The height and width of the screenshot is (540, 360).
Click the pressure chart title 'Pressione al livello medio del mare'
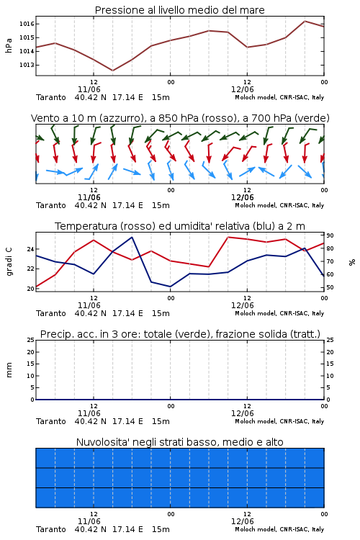click(x=179, y=10)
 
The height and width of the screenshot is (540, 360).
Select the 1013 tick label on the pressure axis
click(x=27, y=65)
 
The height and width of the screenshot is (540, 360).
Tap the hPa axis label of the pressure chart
click(x=9, y=45)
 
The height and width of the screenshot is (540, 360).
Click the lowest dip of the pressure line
click(x=112, y=71)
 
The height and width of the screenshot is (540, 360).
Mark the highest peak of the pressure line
click(x=305, y=21)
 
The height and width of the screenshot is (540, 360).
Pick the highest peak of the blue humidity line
click(x=132, y=237)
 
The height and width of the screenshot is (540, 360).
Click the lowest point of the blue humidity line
click(x=170, y=287)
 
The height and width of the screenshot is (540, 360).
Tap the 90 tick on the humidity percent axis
click(x=330, y=235)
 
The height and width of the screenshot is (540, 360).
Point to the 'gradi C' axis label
click(x=9, y=262)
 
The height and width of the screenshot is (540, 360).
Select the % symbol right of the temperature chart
click(x=352, y=262)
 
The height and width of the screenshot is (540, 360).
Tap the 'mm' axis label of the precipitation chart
click(x=9, y=370)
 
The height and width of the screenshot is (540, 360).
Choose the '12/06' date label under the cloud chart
click(x=243, y=521)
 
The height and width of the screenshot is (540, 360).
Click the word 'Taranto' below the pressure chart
click(x=51, y=97)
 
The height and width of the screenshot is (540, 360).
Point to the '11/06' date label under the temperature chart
click(x=89, y=305)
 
